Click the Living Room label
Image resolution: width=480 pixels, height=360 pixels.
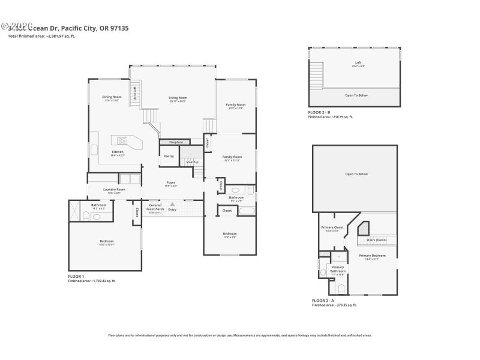178,98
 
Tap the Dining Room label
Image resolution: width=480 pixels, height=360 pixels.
112,97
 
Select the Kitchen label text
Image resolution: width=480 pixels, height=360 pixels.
118,152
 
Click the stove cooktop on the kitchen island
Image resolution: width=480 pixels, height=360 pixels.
122,142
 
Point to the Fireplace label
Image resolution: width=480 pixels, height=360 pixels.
176,142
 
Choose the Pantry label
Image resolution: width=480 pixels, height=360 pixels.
169,156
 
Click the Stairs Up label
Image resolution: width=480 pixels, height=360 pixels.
191,162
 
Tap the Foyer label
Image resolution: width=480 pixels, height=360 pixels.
171,182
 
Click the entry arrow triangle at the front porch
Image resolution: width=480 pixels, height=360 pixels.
172,204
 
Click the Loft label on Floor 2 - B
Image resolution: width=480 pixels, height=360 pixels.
358,62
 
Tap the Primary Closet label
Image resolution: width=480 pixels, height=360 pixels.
332,227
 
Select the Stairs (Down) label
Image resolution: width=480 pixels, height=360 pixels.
376,240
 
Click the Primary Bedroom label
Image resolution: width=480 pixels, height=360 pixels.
372,256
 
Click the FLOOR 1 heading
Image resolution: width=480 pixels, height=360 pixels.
76,276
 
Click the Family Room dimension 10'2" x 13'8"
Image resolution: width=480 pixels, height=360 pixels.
235,108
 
